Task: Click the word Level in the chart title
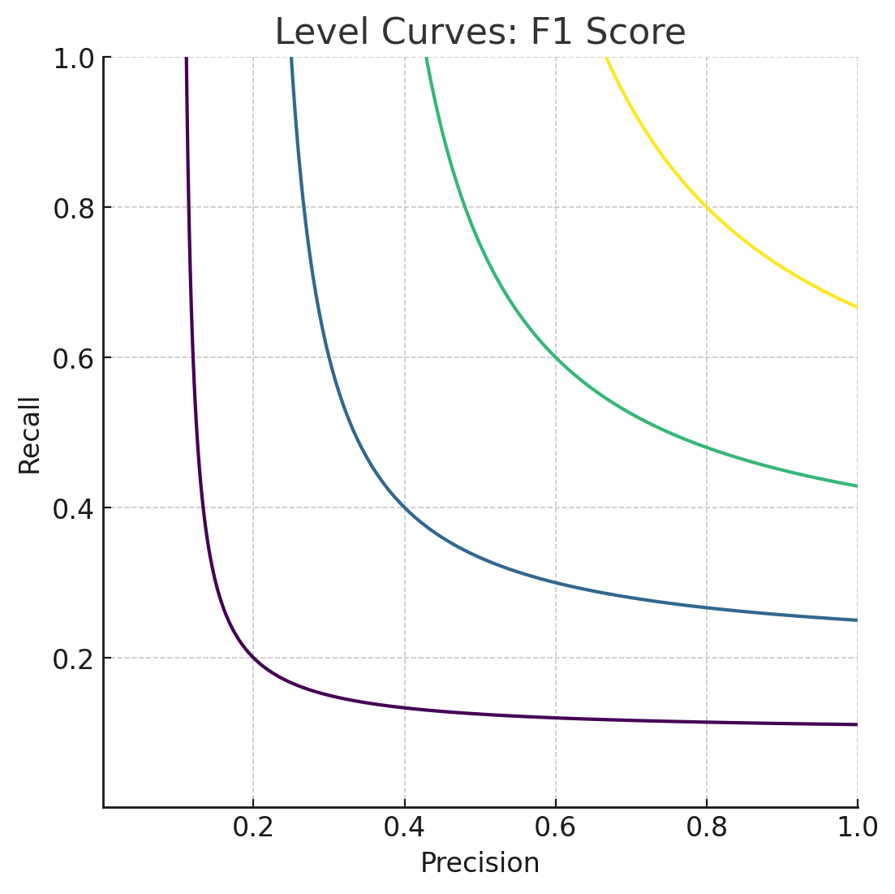[312, 32]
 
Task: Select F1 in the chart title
[552, 32]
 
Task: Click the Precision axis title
[480, 863]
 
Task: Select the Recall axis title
[30, 434]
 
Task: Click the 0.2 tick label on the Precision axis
[252, 827]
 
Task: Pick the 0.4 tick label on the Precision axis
[404, 827]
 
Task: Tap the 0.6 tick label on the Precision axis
[556, 827]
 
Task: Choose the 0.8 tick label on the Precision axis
[707, 827]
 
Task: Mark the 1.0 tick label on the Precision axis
[858, 827]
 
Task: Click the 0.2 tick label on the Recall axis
[73, 659]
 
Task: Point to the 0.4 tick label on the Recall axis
[73, 508]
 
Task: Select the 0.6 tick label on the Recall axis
[73, 358]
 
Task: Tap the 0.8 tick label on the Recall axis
[73, 208]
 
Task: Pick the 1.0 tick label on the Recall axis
[73, 58]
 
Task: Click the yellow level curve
[707, 207]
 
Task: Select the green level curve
[556, 357]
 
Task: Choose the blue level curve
[404, 507]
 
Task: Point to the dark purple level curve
[253, 657]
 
